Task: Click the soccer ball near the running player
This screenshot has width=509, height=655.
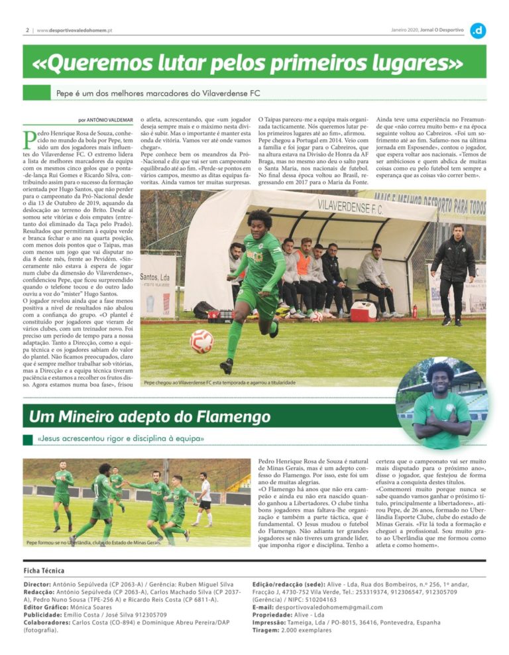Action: pos(201,341)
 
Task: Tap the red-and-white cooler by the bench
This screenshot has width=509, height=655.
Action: pos(363,310)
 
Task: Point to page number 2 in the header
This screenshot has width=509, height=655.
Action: pos(27,30)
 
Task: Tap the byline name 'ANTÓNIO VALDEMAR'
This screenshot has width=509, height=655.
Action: pos(111,120)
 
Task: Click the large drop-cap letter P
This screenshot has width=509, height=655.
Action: pos(30,142)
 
